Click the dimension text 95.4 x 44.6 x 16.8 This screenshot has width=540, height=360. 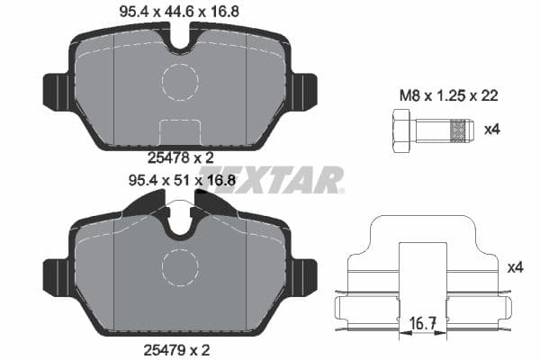pos(180,13)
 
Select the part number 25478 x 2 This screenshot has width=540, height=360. pos(179,157)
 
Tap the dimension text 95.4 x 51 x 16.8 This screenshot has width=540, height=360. pos(179,179)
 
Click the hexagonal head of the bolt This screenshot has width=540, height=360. pos(401,130)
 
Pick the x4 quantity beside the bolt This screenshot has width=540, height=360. pos(491,130)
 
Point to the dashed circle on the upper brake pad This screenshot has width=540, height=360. pos(179,82)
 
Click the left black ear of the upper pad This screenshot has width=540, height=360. pos(56,90)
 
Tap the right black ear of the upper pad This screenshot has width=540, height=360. pos(304,90)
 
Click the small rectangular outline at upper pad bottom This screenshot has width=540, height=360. pos(179,131)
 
